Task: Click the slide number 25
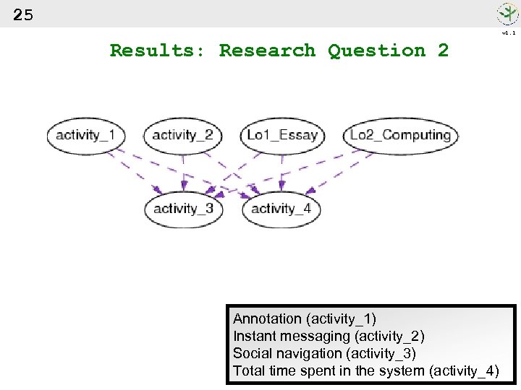point(23,15)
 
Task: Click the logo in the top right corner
point(507,14)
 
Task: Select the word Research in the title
point(267,51)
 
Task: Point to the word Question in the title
point(376,51)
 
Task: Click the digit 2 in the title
point(443,51)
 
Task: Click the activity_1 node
point(85,135)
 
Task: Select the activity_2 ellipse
point(182,135)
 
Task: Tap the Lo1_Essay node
point(282,135)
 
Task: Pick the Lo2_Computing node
point(400,135)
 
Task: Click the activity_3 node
point(183,209)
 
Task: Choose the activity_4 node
point(281,209)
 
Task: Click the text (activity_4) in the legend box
point(464,370)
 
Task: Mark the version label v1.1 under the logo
point(509,32)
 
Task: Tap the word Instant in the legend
point(254,336)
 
